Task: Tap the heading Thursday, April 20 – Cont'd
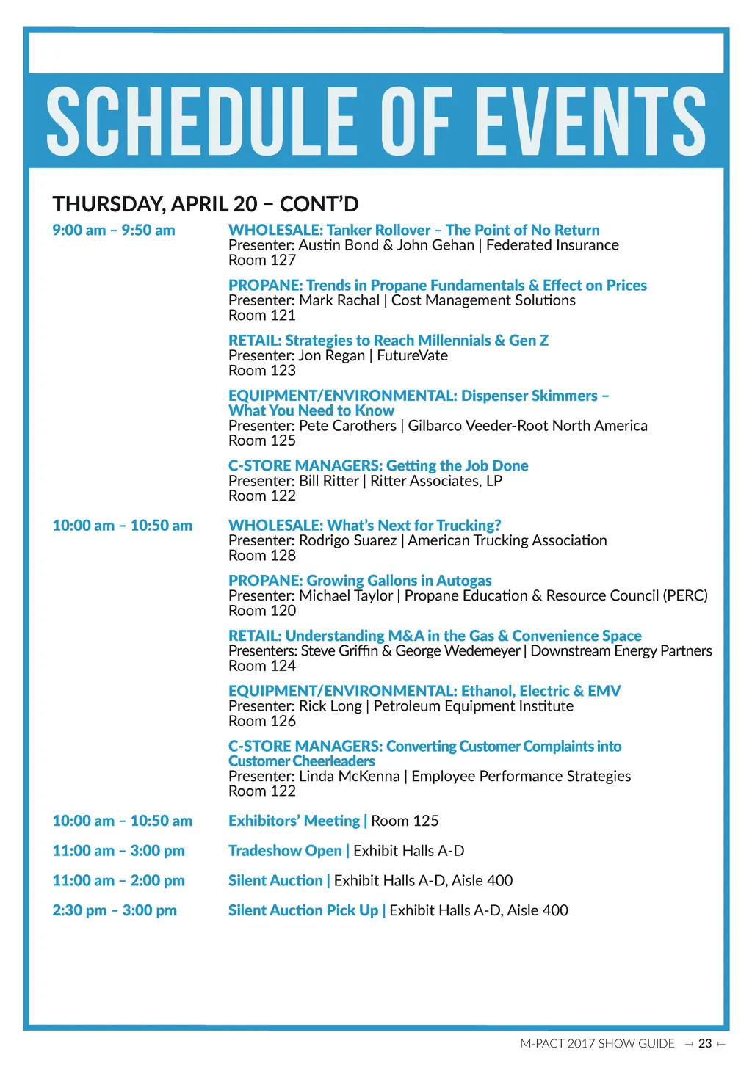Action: [205, 203]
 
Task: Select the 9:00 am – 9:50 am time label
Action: [113, 230]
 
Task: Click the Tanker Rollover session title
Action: [413, 230]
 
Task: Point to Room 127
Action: [261, 260]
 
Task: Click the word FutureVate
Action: [412, 355]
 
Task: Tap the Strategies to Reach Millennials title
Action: [388, 340]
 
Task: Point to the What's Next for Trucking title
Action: [364, 525]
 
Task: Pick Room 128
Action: [261, 555]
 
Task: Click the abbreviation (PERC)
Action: [685, 595]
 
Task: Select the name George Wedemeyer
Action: [457, 650]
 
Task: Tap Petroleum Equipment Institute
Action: [473, 705]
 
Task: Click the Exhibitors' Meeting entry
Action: [294, 821]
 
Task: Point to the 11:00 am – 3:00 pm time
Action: [118, 851]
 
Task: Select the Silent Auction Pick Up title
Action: [303, 910]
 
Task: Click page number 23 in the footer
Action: [705, 1043]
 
